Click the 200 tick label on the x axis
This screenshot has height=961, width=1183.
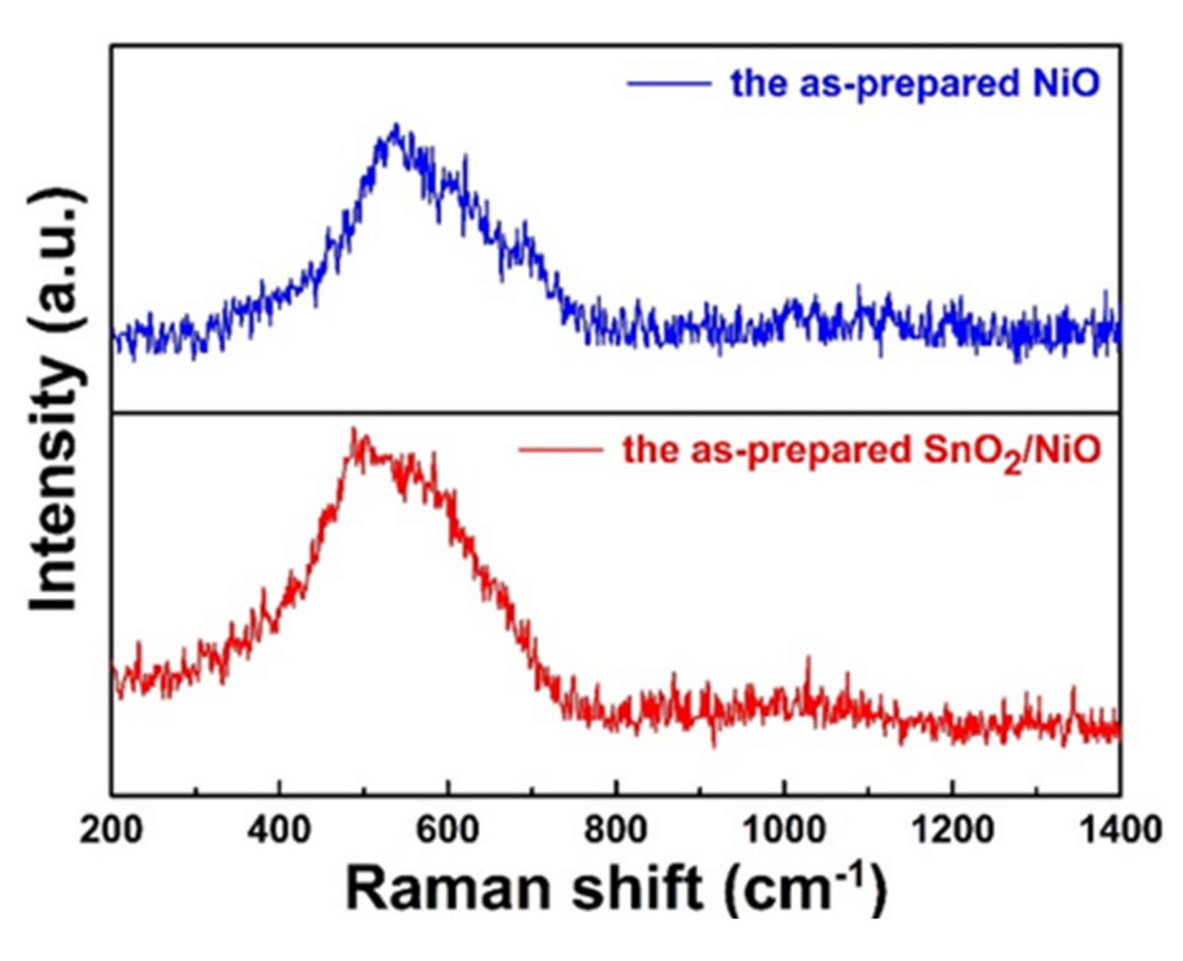[111, 831]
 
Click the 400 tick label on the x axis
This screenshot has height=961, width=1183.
[279, 831]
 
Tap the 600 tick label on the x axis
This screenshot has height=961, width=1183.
[447, 831]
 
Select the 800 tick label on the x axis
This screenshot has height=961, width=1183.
[616, 831]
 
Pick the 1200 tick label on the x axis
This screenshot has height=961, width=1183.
[952, 831]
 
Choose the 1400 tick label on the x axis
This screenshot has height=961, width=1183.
[1121, 831]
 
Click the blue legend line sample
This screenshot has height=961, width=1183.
[669, 83]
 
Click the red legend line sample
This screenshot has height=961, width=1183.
[560, 449]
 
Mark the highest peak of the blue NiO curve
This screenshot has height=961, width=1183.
[396, 125]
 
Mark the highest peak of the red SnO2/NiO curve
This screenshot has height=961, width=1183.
[353, 429]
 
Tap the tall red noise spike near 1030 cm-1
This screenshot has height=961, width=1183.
[809, 659]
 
